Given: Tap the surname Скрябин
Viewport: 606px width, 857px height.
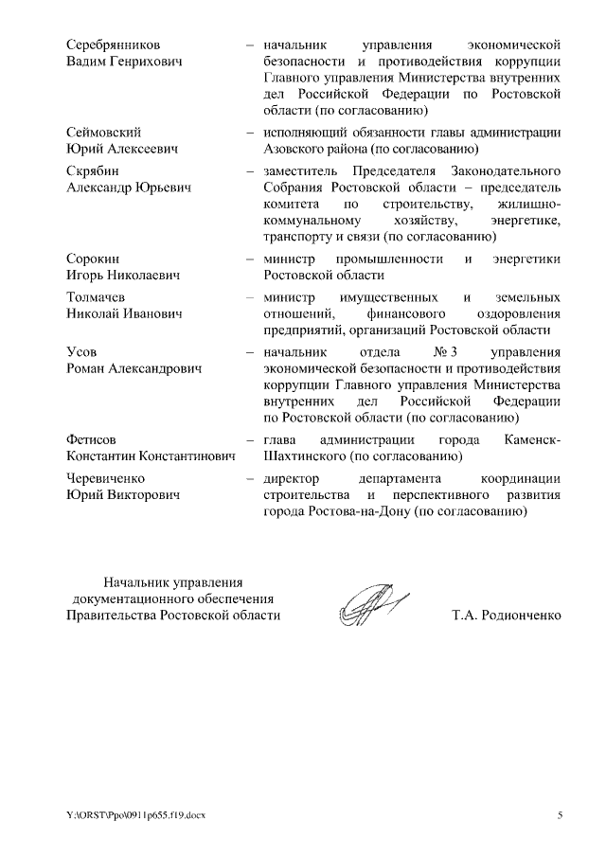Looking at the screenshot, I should click(x=93, y=170).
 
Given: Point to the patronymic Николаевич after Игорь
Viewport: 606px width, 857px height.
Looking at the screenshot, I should click(x=150, y=275).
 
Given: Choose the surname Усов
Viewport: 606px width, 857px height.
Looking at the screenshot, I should click(x=82, y=351).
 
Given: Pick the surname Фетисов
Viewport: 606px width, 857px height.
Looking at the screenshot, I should click(x=92, y=440).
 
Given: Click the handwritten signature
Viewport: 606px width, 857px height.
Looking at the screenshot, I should click(x=365, y=606).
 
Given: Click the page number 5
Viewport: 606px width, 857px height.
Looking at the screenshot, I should click(x=559, y=815).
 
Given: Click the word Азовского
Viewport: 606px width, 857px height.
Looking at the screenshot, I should click(x=296, y=149).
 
